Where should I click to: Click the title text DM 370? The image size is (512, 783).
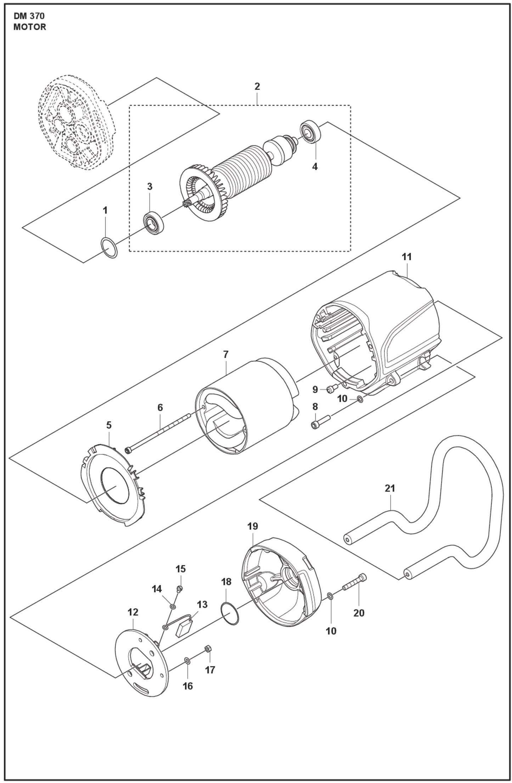coord(29,16)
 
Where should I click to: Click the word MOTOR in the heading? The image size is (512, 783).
coord(30,27)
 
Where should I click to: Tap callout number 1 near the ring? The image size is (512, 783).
coord(105,210)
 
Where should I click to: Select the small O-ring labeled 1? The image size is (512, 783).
coord(109,248)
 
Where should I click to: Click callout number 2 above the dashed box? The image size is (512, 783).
coord(257,86)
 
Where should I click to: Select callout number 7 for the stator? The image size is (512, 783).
coord(226,354)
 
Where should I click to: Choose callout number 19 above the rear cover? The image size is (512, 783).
coord(253,526)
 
